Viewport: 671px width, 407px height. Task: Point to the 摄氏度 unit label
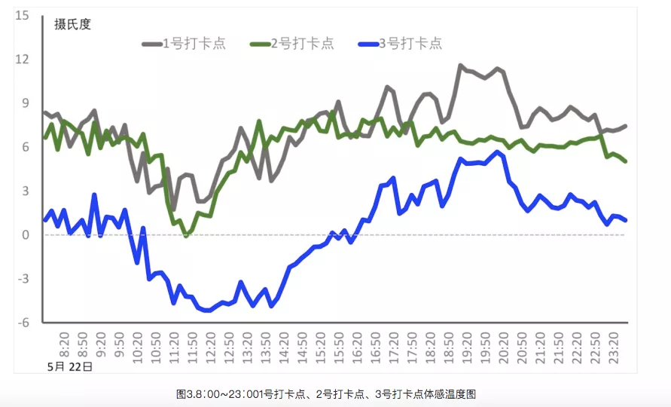[72, 24]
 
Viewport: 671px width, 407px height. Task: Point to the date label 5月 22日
[69, 367]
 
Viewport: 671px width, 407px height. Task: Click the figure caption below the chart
[326, 394]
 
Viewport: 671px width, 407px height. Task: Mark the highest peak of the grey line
[461, 66]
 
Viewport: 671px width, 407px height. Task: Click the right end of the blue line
[626, 220]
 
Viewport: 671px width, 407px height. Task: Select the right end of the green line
[626, 161]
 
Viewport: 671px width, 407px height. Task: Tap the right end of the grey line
[626, 126]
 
